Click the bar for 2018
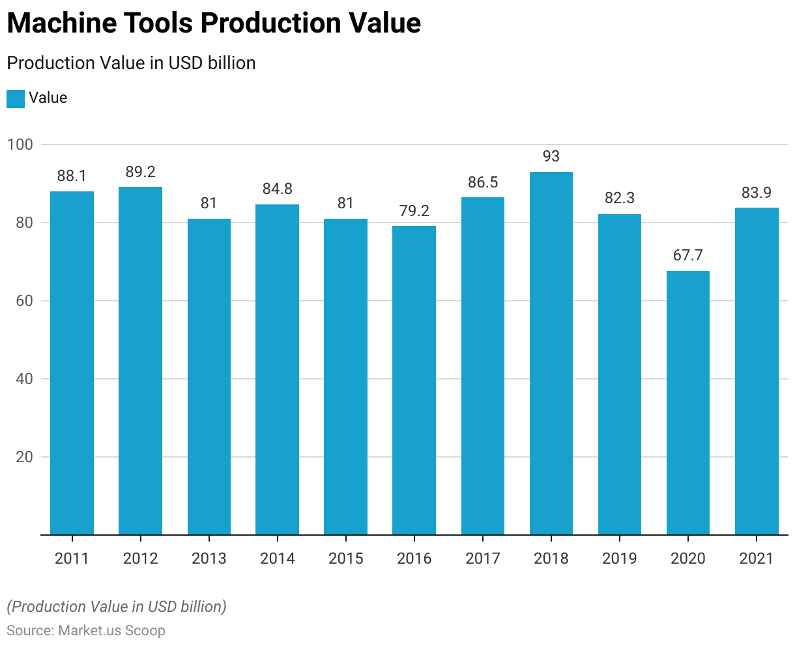click(551, 353)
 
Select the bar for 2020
click(688, 402)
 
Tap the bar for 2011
click(72, 363)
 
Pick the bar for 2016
click(414, 380)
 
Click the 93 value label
click(551, 156)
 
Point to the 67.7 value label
click(688, 255)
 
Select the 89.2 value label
click(141, 172)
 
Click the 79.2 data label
click(414, 211)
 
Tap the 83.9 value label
click(757, 193)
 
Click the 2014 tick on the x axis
click(277, 558)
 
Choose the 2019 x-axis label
click(619, 558)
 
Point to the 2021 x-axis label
click(757, 558)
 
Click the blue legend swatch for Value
click(16, 98)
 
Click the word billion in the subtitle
click(231, 63)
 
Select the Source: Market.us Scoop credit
click(86, 631)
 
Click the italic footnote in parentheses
click(117, 607)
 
